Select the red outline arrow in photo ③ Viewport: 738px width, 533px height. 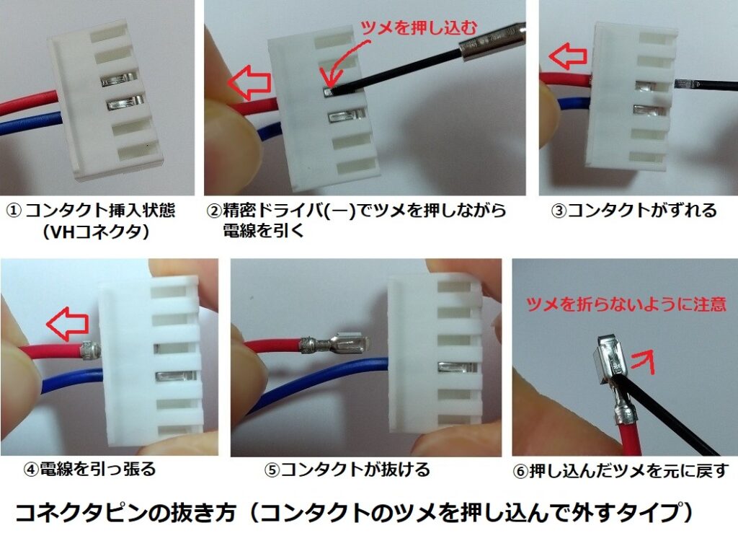coord(564,55)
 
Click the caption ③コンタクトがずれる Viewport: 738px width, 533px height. coord(633,211)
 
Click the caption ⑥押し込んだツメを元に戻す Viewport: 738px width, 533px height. coord(619,471)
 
